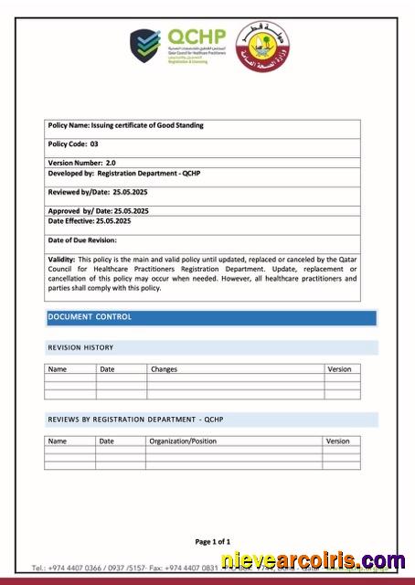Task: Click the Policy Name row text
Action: click(125, 125)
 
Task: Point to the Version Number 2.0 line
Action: click(81, 162)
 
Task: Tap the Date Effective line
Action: click(89, 221)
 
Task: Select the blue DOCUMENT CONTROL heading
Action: click(90, 317)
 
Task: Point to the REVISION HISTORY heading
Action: click(80, 348)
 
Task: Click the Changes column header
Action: click(164, 369)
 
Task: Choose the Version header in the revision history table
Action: click(338, 369)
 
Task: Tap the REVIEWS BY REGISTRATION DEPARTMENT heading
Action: click(135, 420)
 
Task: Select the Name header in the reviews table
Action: click(58, 441)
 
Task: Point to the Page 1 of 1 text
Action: click(212, 541)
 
